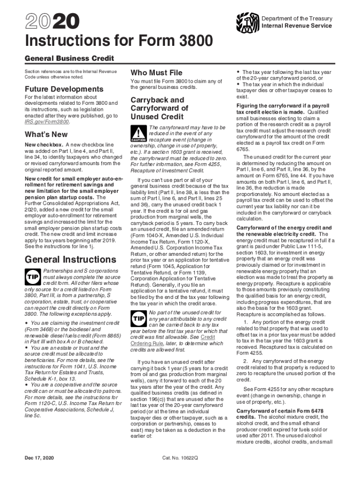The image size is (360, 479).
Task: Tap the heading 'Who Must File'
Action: [x=156, y=73]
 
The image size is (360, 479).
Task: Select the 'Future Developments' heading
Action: [x=58, y=89]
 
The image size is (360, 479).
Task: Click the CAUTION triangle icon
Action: [x=138, y=134]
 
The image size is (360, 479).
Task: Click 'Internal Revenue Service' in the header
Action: [x=296, y=26]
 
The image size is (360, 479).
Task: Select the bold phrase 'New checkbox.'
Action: [x=43, y=145]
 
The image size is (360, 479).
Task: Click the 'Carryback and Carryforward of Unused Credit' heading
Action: [x=159, y=108]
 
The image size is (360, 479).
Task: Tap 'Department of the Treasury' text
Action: [x=297, y=19]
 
